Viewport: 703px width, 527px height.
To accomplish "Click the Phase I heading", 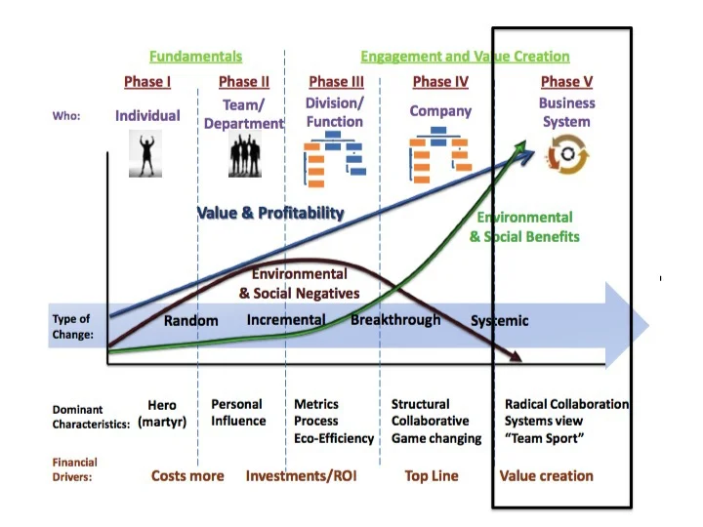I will click(x=146, y=82).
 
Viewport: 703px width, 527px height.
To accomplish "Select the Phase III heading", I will click(x=336, y=82).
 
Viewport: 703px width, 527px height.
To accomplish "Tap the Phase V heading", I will click(x=566, y=82).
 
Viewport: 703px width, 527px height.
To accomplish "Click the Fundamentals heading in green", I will click(x=195, y=57).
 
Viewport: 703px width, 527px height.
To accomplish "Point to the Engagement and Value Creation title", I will click(x=465, y=57).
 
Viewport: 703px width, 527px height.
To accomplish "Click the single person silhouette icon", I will click(x=145, y=153).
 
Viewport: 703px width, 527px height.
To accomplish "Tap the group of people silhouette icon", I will click(x=245, y=154).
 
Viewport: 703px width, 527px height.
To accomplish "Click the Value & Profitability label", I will click(x=270, y=213).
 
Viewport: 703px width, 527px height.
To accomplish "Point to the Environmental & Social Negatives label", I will click(x=299, y=284).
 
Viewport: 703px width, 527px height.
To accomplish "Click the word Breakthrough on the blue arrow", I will click(x=395, y=319).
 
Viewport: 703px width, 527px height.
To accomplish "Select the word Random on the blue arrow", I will click(x=190, y=320).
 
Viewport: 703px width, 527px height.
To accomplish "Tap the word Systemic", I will click(x=499, y=320).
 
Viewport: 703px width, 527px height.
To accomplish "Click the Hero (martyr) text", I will click(x=161, y=413).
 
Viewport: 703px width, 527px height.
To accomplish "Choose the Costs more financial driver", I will click(x=187, y=476).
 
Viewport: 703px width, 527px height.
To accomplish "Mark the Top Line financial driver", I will click(x=432, y=476).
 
